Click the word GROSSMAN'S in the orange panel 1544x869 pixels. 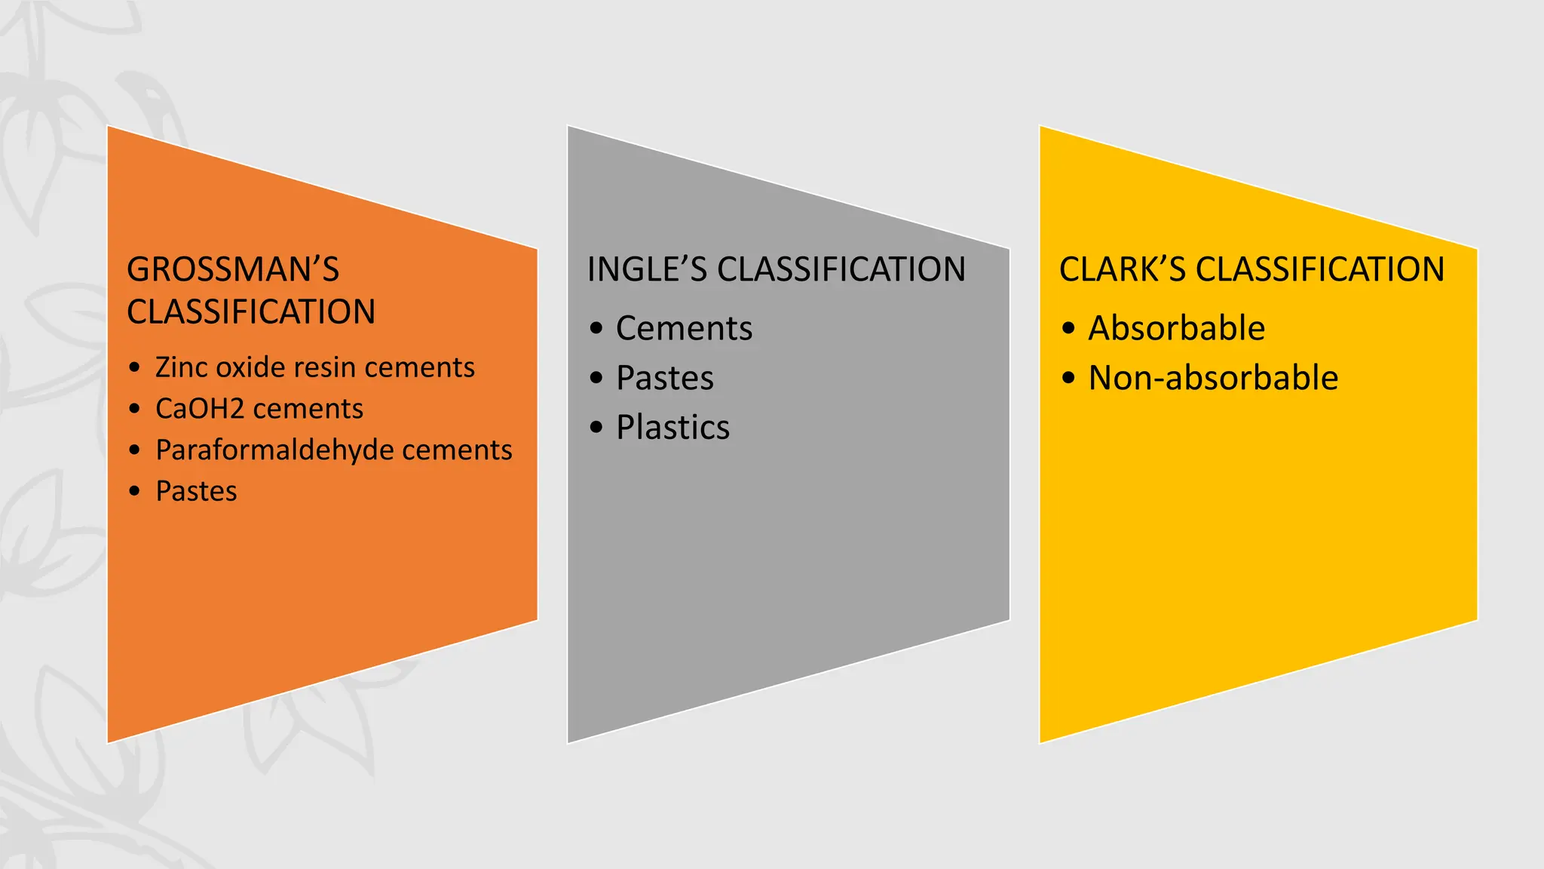(233, 270)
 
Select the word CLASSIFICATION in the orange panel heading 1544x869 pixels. (251, 312)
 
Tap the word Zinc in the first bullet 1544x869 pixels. (179, 367)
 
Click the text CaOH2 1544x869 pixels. (200, 409)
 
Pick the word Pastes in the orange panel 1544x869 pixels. (196, 491)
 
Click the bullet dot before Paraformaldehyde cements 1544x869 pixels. (135, 450)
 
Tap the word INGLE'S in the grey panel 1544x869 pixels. (648, 270)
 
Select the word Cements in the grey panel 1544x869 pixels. (684, 329)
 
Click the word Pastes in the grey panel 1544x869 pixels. (664, 379)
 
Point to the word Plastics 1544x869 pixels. (672, 428)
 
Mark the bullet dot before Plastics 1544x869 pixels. (597, 428)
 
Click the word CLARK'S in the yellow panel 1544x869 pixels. (1123, 270)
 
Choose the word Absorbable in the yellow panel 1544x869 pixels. (1176, 329)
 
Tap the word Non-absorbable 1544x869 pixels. (1213, 379)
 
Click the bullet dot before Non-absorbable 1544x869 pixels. (1068, 377)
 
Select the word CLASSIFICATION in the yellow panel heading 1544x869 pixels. (1320, 270)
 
